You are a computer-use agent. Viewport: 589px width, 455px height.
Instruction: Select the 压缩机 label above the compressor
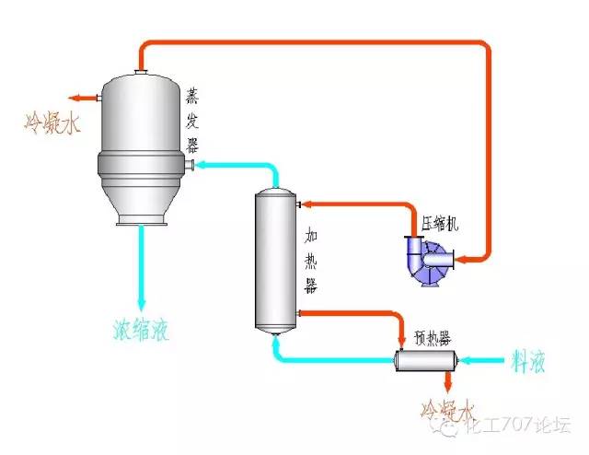[440, 222]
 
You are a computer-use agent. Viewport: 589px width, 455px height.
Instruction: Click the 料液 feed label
[527, 361]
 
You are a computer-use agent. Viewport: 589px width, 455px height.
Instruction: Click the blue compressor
[424, 261]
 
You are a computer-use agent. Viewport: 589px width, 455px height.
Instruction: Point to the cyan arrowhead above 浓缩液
[142, 303]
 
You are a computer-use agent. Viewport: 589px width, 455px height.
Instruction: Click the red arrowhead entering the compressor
[460, 260]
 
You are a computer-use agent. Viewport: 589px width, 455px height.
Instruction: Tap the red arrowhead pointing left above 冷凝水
[72, 96]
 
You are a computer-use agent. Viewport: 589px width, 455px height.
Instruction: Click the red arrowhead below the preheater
[448, 386]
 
